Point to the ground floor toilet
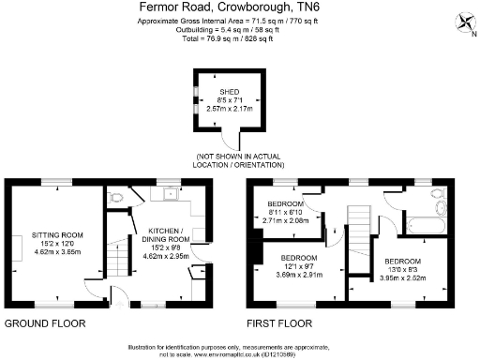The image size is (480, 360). click(115, 199)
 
